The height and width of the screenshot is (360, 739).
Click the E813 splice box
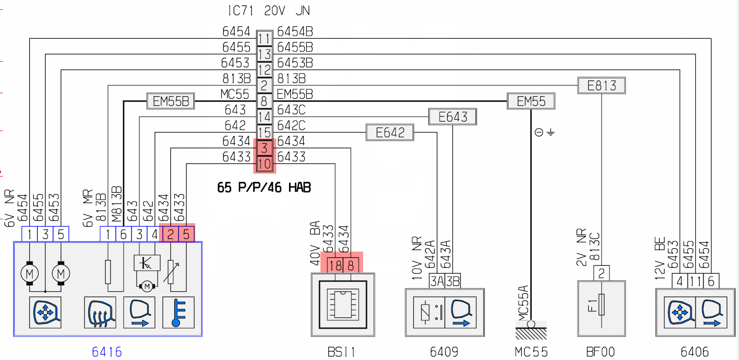coord(602,86)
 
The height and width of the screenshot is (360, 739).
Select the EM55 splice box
coord(531,101)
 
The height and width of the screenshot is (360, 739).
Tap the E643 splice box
coord(452,117)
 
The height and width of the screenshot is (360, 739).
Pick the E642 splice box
coord(390,132)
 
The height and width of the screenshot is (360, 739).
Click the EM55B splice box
coord(171,101)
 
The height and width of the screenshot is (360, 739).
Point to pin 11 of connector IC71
coord(264,39)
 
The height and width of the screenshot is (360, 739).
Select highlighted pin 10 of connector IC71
coord(264,164)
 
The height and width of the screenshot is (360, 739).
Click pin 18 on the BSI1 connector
coord(335,266)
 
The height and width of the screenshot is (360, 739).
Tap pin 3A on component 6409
coord(437,281)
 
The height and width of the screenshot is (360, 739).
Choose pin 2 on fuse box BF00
coord(602,273)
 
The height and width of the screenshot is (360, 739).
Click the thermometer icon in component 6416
coord(179,312)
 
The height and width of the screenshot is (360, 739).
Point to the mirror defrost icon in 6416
coord(100,312)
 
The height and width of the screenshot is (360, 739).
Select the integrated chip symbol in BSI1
coord(343,305)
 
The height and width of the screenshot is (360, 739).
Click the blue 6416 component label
coord(107,352)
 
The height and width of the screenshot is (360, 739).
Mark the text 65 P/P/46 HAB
coord(264,187)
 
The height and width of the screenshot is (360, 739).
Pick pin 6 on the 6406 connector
coord(711,281)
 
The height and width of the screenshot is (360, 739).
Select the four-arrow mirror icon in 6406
coord(680,312)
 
